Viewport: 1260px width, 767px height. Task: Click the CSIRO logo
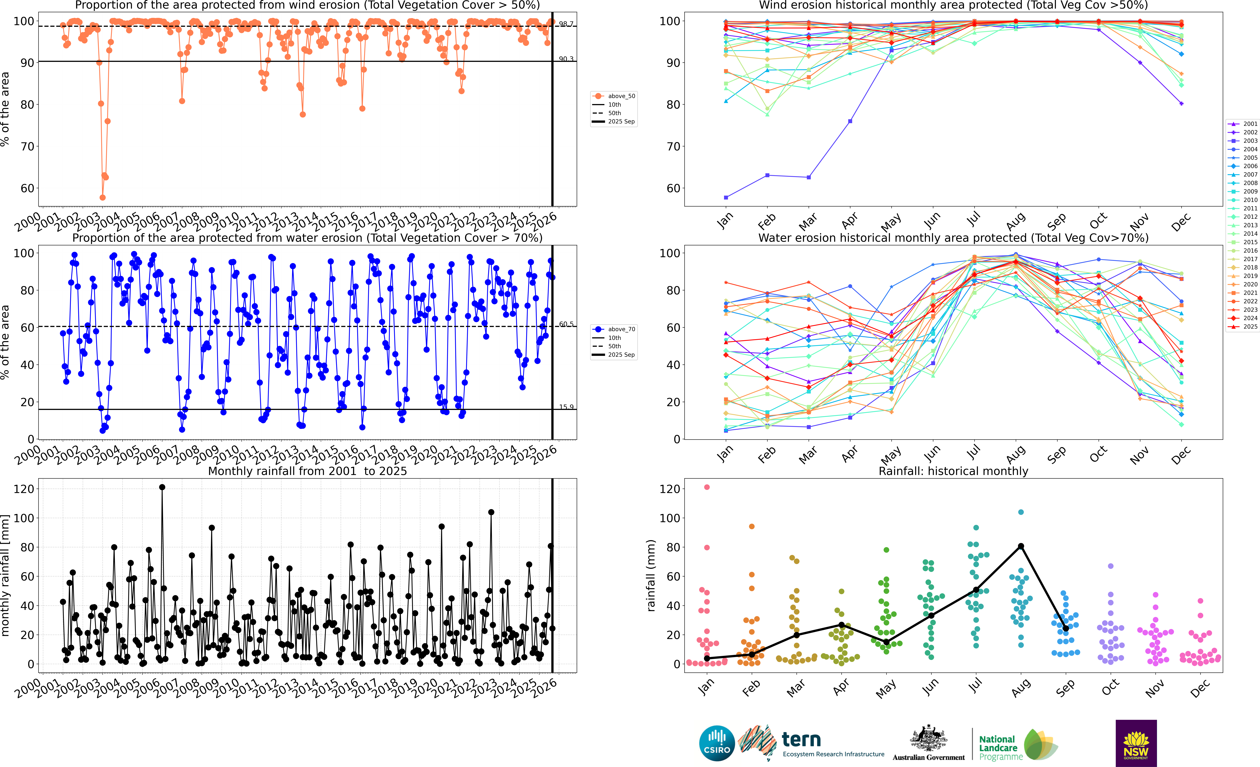pyautogui.click(x=717, y=743)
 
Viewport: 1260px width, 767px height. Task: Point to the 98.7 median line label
pyautogui.click(x=566, y=24)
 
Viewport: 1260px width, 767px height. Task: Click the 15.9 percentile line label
pyautogui.click(x=566, y=407)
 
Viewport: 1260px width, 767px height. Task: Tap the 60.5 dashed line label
pyautogui.click(x=566, y=324)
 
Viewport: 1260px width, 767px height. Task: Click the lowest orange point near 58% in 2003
pyautogui.click(x=102, y=197)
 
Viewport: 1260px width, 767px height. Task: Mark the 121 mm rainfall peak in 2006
pyautogui.click(x=162, y=487)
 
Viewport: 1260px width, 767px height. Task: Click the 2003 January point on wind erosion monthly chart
pyautogui.click(x=726, y=197)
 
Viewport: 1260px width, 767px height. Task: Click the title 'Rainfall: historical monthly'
pyautogui.click(x=953, y=471)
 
